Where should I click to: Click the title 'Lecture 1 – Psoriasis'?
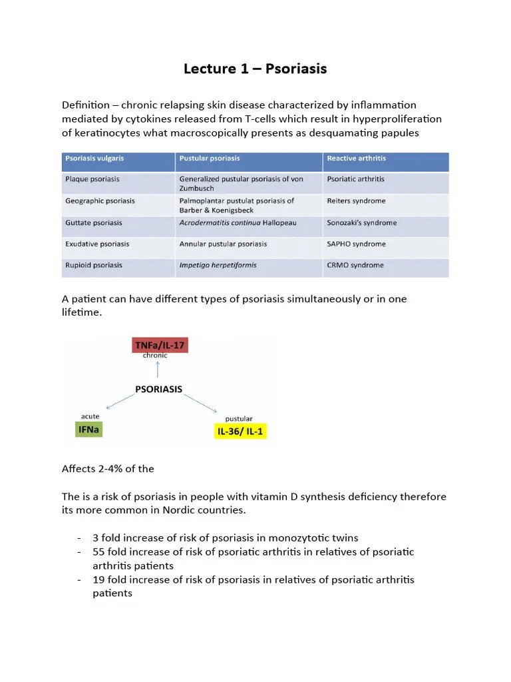(255, 69)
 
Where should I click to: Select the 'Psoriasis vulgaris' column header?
(94, 159)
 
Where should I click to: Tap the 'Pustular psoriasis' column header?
(210, 159)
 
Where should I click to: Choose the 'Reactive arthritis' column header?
(356, 159)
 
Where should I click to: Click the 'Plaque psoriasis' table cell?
(92, 179)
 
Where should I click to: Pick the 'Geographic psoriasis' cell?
(100, 200)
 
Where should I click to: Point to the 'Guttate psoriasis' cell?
(93, 222)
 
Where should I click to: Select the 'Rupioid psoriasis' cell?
(93, 265)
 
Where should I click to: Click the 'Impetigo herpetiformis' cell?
(218, 265)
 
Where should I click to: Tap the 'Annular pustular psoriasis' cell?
(223, 244)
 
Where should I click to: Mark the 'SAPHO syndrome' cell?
(356, 244)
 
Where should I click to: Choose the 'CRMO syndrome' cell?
(355, 265)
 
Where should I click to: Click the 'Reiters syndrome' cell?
(356, 200)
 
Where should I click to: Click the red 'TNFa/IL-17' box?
(160, 345)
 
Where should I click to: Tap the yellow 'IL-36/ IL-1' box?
(240, 431)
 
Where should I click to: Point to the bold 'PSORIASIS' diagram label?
(159, 389)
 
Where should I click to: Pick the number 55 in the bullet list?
(99, 552)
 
